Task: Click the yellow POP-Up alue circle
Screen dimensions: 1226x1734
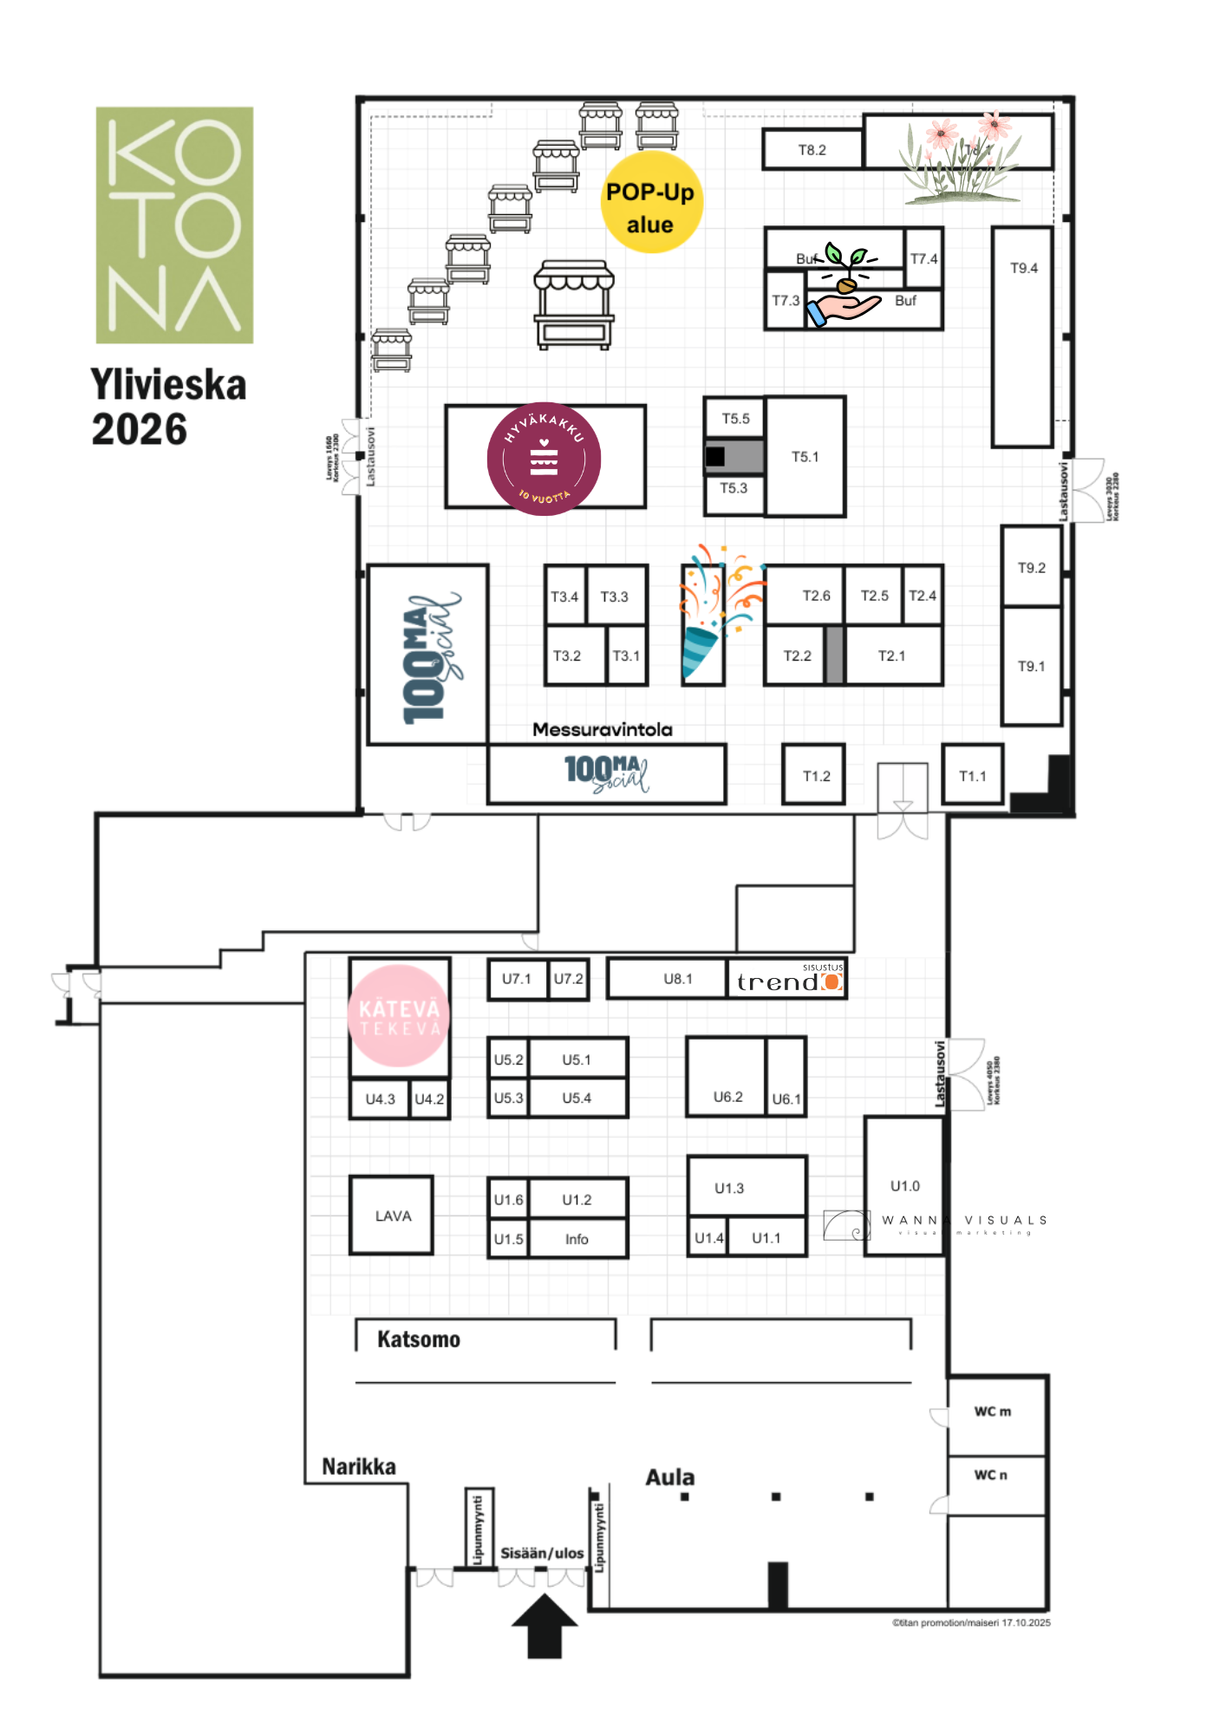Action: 651,203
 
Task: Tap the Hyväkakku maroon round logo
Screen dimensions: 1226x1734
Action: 544,459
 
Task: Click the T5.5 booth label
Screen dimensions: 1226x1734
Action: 735,419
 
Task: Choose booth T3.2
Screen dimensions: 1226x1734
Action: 567,656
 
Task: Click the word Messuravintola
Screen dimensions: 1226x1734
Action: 602,730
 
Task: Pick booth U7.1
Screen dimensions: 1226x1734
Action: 517,979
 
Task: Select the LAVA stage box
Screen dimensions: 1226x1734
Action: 392,1216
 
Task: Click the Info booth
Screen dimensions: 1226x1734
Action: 577,1240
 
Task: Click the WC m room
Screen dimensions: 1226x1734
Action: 994,1412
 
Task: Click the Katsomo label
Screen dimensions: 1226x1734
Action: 419,1340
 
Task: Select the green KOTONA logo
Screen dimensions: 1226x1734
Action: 174,225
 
